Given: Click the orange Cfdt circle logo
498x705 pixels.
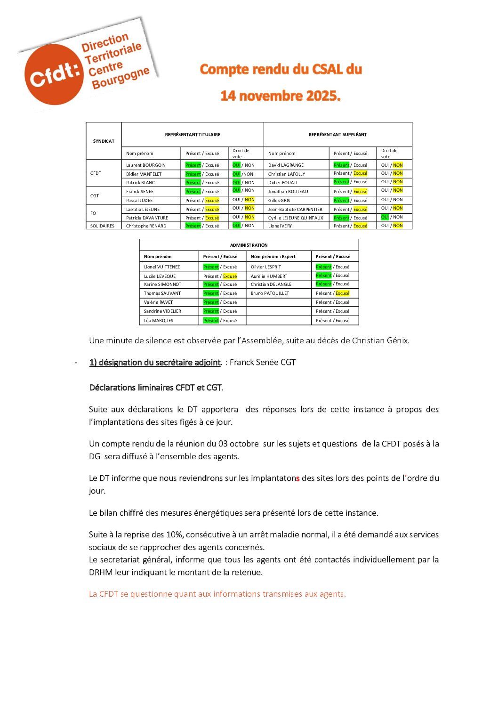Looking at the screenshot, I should click(x=52, y=75).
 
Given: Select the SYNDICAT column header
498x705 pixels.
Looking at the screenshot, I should click(x=104, y=141).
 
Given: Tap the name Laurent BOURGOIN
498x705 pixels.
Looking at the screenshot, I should click(x=146, y=165).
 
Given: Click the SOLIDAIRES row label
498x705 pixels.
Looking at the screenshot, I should click(x=103, y=226).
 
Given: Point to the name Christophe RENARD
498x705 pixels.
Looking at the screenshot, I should click(x=146, y=226).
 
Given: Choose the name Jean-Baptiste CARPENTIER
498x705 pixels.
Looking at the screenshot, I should click(x=295, y=210).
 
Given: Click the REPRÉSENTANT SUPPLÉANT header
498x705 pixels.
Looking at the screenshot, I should click(x=337, y=135).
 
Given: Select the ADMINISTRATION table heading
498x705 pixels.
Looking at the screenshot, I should click(x=249, y=245).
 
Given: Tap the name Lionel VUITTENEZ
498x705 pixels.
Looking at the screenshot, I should click(x=162, y=267).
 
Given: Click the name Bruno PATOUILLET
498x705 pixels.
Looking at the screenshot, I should click(x=270, y=293).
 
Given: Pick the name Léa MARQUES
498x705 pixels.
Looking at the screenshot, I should click(x=159, y=321).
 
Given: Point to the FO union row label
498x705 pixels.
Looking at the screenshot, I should click(x=93, y=213).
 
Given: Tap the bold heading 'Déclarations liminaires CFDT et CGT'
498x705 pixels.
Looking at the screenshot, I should click(x=155, y=388).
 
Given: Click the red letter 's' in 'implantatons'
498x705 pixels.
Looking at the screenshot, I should click(x=297, y=478).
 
